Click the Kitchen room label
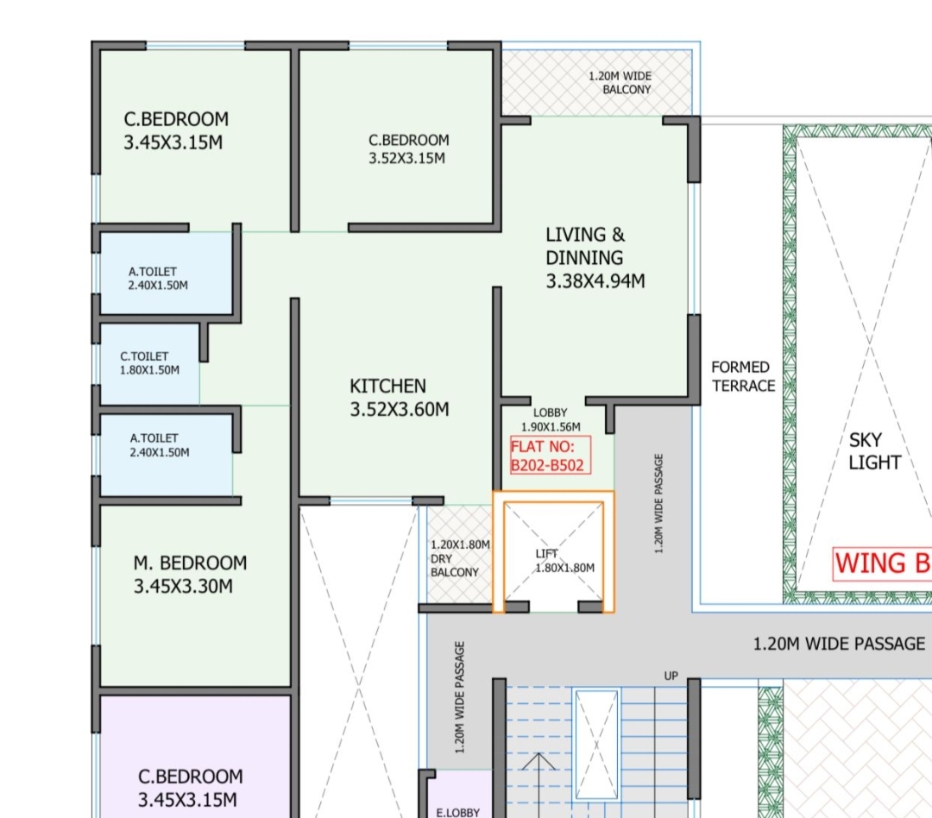pos(399,398)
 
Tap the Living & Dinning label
pos(595,257)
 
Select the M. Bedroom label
pos(190,575)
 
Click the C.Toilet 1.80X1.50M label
pos(149,363)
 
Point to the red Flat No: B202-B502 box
pos(551,456)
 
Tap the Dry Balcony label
pos(459,558)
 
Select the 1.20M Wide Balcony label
pos(620,83)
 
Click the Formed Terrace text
pos(743,376)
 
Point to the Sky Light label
pos(874,451)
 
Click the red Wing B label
pos(882,563)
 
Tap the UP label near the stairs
pos(671,676)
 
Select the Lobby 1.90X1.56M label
pos(551,419)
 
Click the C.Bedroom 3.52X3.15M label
pos(408,149)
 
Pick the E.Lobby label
pos(457,812)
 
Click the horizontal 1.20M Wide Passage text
pos(839,644)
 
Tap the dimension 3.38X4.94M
pos(595,280)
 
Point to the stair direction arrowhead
pos(538,761)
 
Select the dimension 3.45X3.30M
pos(183,586)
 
